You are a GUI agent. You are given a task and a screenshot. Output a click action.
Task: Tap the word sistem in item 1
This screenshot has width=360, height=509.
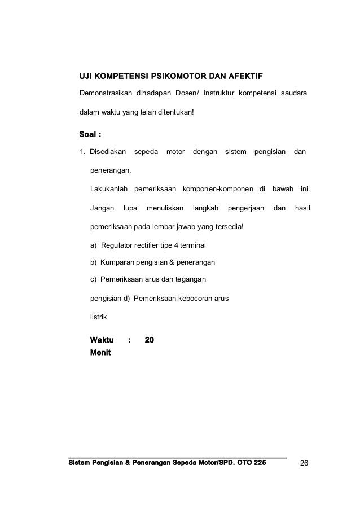(x=235, y=152)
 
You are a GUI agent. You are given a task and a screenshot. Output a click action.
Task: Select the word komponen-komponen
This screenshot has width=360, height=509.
(x=218, y=188)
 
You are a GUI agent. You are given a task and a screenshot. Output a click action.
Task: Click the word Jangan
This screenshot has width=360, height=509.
(x=102, y=209)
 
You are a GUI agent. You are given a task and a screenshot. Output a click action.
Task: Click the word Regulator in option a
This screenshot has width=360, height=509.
(x=116, y=245)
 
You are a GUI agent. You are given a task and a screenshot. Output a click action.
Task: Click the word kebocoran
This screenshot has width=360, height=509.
(x=192, y=298)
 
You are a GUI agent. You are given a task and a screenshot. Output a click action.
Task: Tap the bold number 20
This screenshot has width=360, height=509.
(x=150, y=340)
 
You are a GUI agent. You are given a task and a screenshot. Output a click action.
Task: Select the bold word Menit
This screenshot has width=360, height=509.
(x=100, y=353)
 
